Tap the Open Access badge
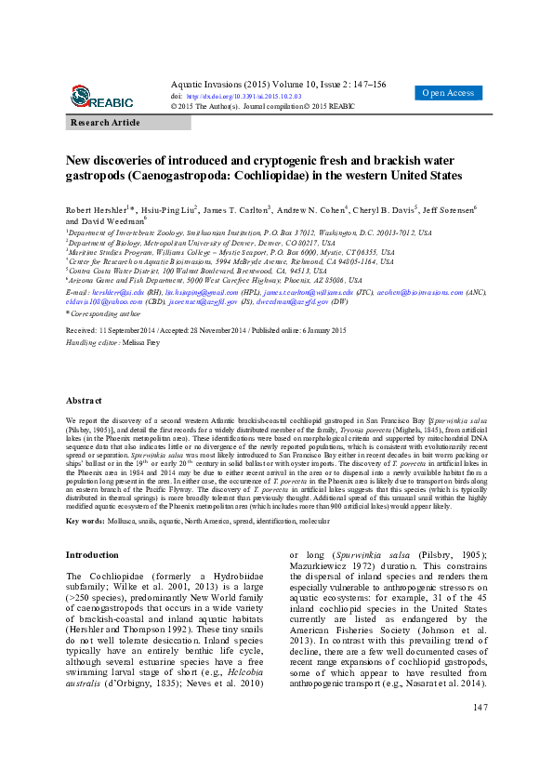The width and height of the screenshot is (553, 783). coord(449,93)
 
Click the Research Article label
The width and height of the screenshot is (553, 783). coord(105,123)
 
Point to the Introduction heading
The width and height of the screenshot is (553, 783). coord(92,554)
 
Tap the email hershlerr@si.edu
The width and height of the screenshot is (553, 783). coord(114,291)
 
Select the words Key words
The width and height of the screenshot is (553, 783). coord(86,521)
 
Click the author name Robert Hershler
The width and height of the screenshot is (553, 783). coord(98,210)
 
